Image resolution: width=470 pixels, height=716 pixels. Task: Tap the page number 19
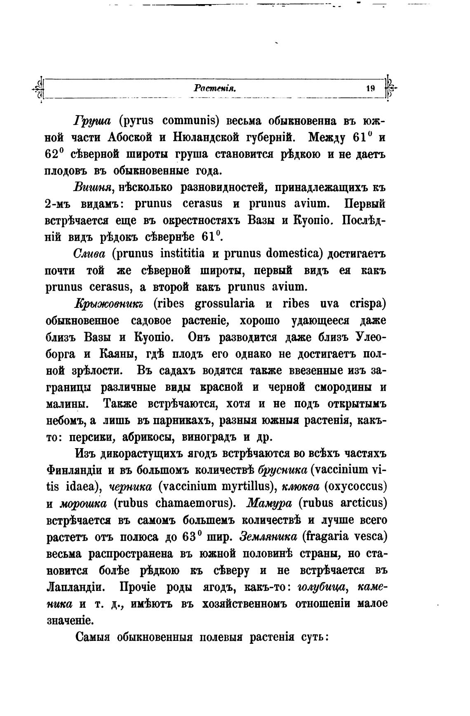tap(370, 88)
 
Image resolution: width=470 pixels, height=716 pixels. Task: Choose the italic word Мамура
tap(269, 503)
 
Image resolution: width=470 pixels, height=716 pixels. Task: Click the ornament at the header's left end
tap(39, 87)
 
